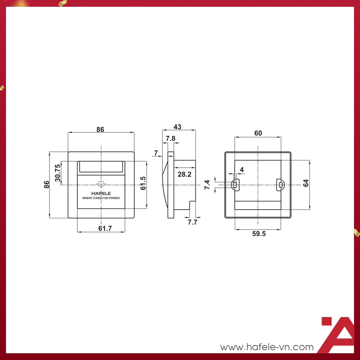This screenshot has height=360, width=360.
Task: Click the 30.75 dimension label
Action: [57, 173]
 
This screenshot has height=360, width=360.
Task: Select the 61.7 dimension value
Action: [105, 228]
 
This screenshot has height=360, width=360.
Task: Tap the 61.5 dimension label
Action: [143, 183]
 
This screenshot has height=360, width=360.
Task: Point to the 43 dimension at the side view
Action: [177, 127]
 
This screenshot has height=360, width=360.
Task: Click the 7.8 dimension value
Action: [171, 138]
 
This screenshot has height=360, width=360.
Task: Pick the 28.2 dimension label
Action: [184, 174]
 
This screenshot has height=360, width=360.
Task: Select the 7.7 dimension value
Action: [192, 222]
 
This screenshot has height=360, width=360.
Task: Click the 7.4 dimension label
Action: [207, 184]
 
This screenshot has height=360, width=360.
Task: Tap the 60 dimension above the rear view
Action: [258, 133]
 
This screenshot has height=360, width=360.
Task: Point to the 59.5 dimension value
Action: [259, 234]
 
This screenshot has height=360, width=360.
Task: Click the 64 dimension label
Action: [306, 183]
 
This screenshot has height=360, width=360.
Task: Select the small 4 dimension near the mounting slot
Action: [242, 170]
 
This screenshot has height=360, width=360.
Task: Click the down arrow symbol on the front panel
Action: [101, 184]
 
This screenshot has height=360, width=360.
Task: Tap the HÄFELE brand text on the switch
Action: [101, 193]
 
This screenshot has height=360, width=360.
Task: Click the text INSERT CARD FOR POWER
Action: [101, 198]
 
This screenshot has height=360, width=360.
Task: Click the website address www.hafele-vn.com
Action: [267, 347]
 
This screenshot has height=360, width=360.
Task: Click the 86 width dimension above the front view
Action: [100, 129]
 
